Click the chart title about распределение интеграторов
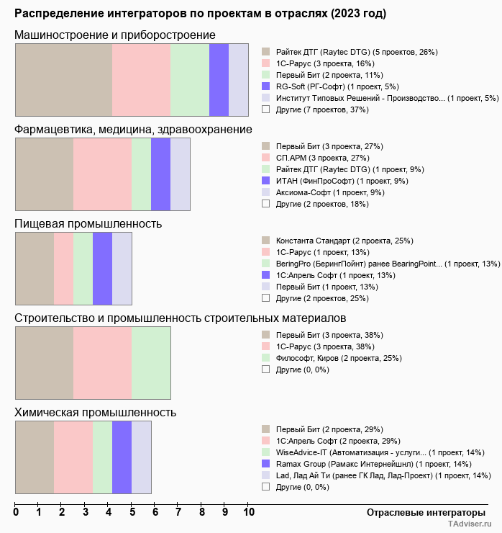click(x=200, y=14)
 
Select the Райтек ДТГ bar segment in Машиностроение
click(x=63, y=79)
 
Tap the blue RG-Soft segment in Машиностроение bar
click(x=219, y=79)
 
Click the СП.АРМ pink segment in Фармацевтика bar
click(x=102, y=174)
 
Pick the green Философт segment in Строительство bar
click(x=151, y=363)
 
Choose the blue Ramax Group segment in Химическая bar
click(x=122, y=457)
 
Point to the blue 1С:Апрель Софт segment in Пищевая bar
click(x=102, y=269)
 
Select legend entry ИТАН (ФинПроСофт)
click(x=342, y=181)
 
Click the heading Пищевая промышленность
click(x=88, y=223)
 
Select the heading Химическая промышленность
click(x=96, y=413)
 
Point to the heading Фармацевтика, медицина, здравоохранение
click(x=133, y=129)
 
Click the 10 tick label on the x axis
click(x=248, y=513)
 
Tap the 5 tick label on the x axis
click(x=132, y=513)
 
